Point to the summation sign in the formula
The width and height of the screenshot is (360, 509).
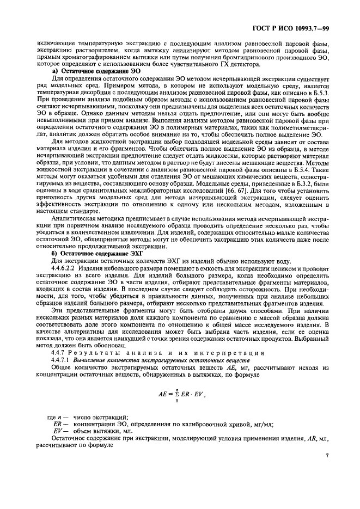tap(177, 394)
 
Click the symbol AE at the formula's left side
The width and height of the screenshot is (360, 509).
tap(162, 394)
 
